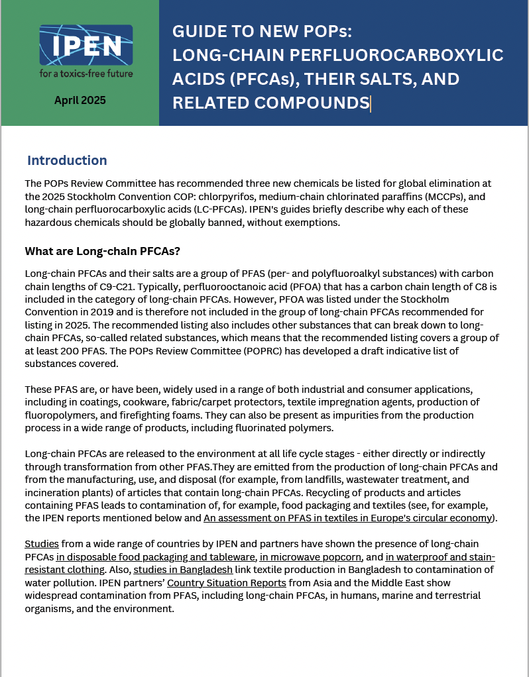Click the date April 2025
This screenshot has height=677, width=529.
80,101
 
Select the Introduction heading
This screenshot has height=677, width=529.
67,160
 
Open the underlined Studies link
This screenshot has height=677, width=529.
42,543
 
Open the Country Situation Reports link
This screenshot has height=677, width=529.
226,583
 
